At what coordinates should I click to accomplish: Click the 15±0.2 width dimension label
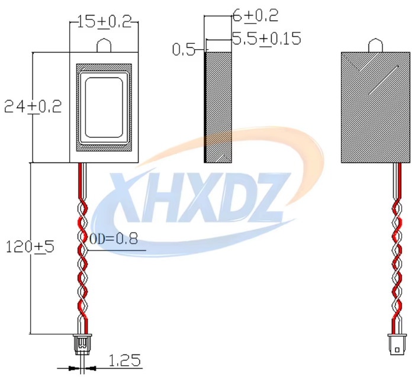(104, 21)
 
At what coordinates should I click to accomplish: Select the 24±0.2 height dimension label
(33, 107)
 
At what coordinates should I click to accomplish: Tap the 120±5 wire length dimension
(30, 246)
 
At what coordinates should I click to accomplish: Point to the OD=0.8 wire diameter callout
(114, 239)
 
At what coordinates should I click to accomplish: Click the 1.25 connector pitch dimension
(124, 360)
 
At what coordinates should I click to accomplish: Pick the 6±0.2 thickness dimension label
(255, 15)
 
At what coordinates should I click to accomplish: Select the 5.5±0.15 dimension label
(266, 38)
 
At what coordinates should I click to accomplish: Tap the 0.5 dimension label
(184, 50)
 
